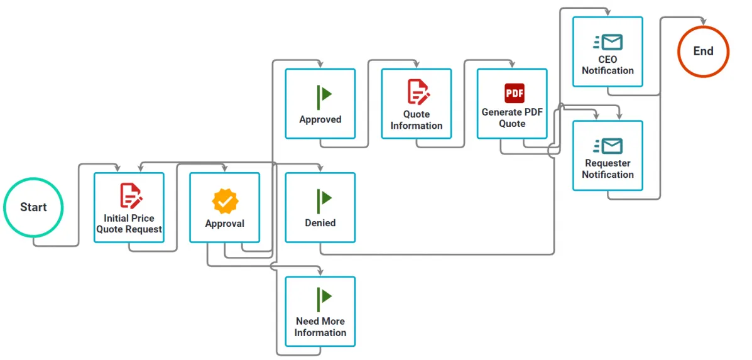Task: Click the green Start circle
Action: pos(33,207)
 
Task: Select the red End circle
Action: pos(703,52)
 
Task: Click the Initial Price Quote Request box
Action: pos(129,207)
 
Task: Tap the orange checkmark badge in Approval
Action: pos(225,201)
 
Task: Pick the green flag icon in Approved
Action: pos(324,96)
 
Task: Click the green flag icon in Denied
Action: pos(324,200)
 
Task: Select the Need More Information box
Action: pos(320,312)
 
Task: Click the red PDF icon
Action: pos(514,93)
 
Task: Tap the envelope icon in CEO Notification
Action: pos(608,42)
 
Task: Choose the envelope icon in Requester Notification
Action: pos(608,146)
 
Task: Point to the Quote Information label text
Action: pos(417,120)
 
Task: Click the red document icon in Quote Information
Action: pos(418,92)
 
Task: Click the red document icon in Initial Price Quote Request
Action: pos(131,195)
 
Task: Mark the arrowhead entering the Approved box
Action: pos(320,65)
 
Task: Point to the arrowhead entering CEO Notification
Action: pos(608,13)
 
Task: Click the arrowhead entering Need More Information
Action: pos(320,273)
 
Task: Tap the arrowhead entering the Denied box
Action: pos(320,169)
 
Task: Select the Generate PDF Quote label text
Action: pos(512,118)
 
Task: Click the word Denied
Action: pos(320,223)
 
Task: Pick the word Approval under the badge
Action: pos(225,224)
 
